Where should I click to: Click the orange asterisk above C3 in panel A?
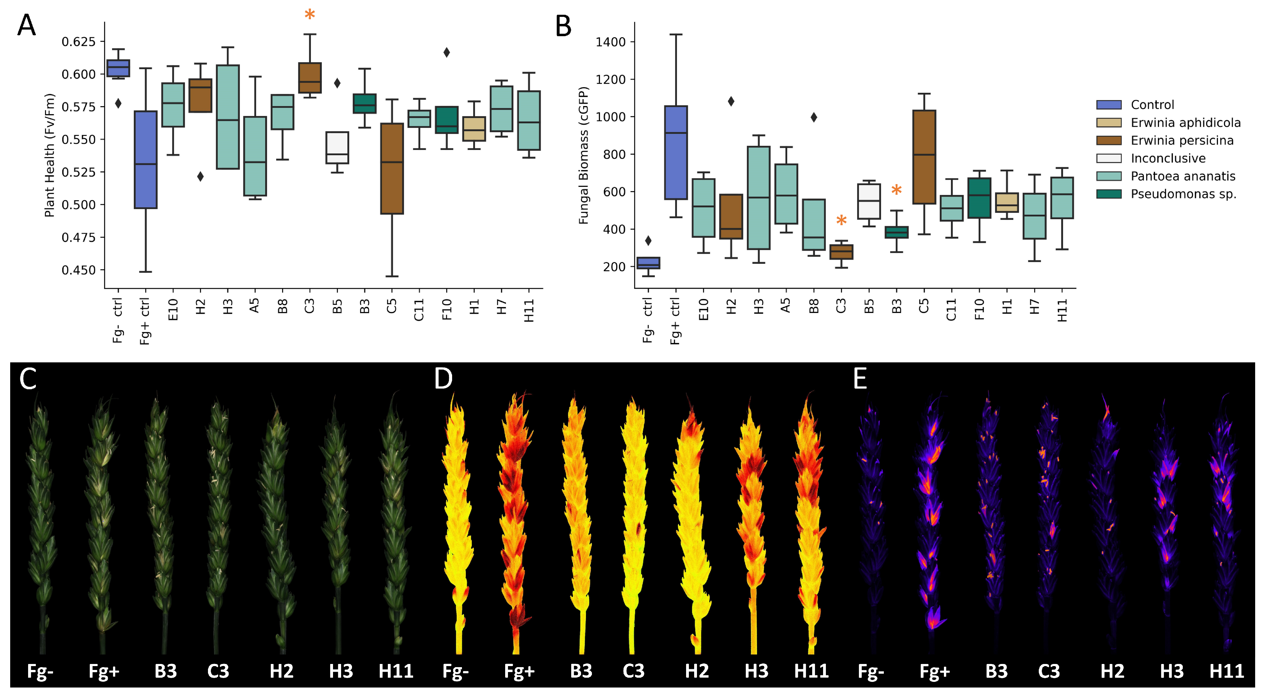[x=309, y=15]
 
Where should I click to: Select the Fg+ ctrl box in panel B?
[x=676, y=152]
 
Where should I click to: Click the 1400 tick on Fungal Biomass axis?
[x=611, y=42]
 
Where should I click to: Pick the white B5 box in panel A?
[x=337, y=147]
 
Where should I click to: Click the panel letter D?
[x=443, y=379]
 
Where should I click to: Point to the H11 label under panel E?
[x=1226, y=671]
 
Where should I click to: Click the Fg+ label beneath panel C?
[x=104, y=671]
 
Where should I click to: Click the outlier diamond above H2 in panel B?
[x=731, y=102]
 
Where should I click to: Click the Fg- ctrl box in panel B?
[x=648, y=263]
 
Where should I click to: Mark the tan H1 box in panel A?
[x=474, y=129]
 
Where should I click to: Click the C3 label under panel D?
[x=633, y=671]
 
